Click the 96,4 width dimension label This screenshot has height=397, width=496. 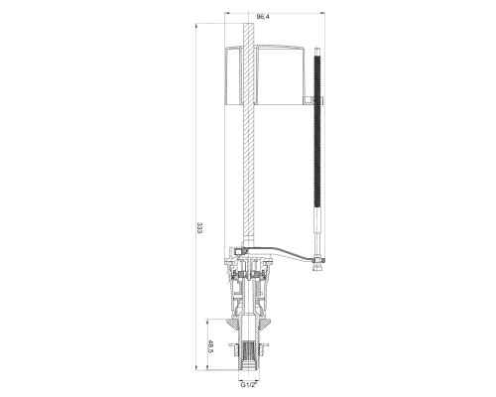(x=263, y=17)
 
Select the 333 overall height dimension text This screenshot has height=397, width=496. (x=199, y=228)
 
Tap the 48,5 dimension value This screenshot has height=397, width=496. (x=210, y=346)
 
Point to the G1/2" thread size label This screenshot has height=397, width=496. (x=249, y=384)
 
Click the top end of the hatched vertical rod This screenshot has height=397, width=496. (x=248, y=24)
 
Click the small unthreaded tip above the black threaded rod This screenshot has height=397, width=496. (x=317, y=52)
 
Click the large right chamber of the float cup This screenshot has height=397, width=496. (x=281, y=75)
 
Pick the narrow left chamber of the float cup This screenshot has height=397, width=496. (x=233, y=75)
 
